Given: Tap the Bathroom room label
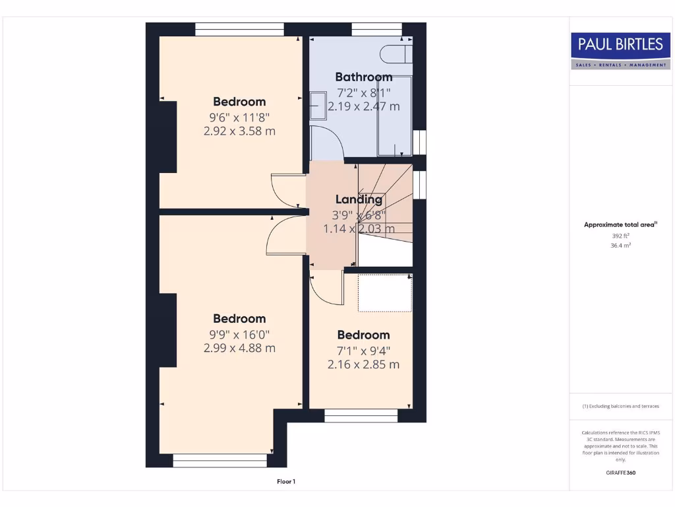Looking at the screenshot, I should [363, 77].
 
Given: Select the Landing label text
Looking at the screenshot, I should [359, 199].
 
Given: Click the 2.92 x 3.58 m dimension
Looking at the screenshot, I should [239, 131].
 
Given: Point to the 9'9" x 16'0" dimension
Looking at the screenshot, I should [239, 334].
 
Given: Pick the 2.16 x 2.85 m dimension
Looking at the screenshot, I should [363, 364].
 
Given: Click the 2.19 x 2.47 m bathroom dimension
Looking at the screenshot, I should [363, 106].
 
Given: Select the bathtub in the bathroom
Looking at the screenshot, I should [394, 116].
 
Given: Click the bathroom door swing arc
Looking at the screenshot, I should [327, 143].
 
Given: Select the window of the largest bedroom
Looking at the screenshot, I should [220, 459].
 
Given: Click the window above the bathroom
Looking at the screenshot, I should [376, 29].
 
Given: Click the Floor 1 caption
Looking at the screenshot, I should [286, 481].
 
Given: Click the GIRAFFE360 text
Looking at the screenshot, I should [620, 473].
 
